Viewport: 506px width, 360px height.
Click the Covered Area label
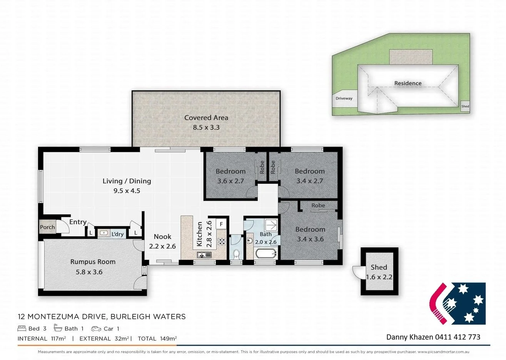[206, 118]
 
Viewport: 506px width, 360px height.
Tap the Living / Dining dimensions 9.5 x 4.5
[127, 191]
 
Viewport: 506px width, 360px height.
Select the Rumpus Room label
[93, 262]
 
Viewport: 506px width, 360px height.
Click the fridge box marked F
[221, 224]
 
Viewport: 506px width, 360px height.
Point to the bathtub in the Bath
[266, 253]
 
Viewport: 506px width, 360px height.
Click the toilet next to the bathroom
[236, 255]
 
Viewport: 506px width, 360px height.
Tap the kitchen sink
[204, 255]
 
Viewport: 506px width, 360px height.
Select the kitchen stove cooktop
[221, 242]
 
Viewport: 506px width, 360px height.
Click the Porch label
[47, 227]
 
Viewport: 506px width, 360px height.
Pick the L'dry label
[117, 234]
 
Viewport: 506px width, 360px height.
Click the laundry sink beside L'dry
[104, 233]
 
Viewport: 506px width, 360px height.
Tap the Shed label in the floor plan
[379, 267]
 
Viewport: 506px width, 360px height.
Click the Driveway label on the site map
[344, 98]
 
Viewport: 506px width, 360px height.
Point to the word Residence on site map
[408, 83]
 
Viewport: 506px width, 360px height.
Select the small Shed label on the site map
[465, 106]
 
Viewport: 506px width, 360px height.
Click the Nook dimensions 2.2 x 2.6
[162, 246]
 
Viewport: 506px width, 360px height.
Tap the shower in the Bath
[271, 225]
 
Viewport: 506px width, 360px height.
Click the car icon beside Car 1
[96, 328]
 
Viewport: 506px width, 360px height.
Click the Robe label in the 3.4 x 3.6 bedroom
[318, 205]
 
